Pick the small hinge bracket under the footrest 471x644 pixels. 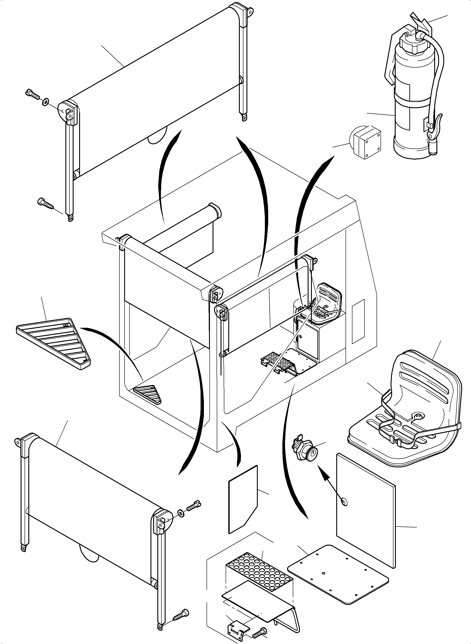coord(238,626)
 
